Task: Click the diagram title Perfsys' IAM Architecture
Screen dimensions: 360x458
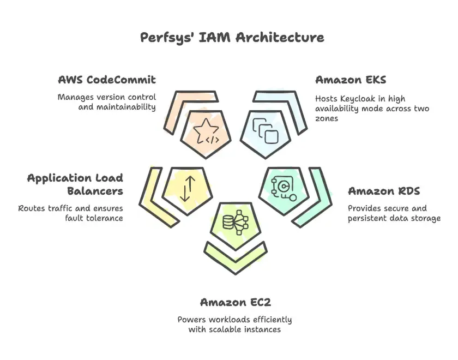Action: tap(232, 37)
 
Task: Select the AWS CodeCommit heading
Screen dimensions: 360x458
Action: tap(107, 80)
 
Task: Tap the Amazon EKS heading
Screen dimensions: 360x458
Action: tap(351, 80)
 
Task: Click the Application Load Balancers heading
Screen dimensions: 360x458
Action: tap(75, 184)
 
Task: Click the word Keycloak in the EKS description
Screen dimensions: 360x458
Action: tap(360, 99)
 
